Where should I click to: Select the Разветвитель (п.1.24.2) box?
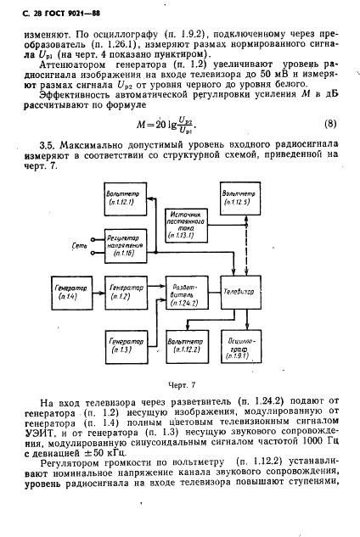pyautogui.click(x=183, y=292)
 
